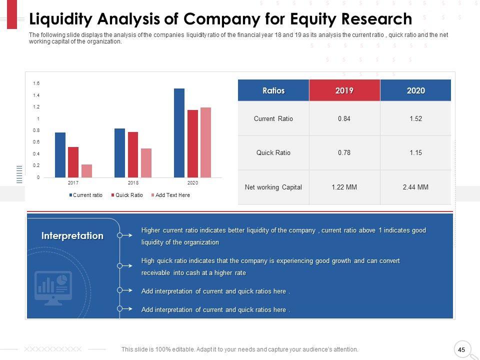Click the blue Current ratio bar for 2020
pyautogui.click(x=179, y=133)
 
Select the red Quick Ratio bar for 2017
pyautogui.click(x=73, y=162)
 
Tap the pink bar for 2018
pyautogui.click(x=146, y=163)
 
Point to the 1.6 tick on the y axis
pyautogui.click(x=36, y=83)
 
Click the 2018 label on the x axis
pyautogui.click(x=133, y=183)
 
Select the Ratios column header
pyautogui.click(x=273, y=90)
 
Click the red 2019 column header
pyautogui.click(x=344, y=90)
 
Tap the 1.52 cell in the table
pyautogui.click(x=415, y=118)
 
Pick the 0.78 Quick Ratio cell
pyautogui.click(x=344, y=152)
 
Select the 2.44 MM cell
pyautogui.click(x=415, y=187)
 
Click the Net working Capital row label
pyautogui.click(x=273, y=187)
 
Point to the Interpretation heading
pyautogui.click(x=72, y=235)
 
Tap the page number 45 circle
pyautogui.click(x=461, y=349)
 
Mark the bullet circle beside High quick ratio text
pyautogui.click(x=120, y=265)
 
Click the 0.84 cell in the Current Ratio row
pyautogui.click(x=344, y=118)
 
